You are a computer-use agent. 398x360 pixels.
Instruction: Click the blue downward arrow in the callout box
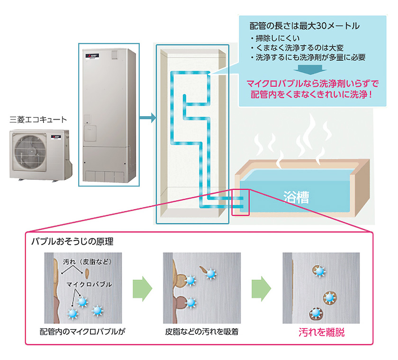click(x=306, y=71)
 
